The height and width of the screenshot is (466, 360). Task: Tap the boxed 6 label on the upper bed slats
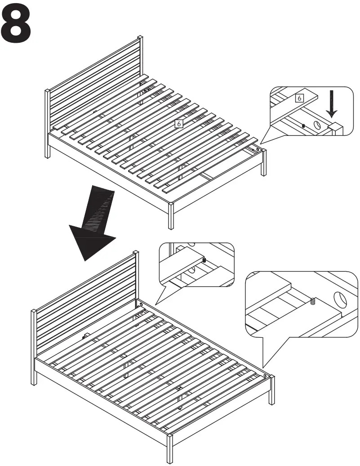coord(179,123)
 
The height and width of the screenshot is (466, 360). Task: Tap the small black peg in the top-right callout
coord(304,125)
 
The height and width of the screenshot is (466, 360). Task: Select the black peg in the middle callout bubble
coord(204,260)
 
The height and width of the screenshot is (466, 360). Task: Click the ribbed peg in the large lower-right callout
coord(312,301)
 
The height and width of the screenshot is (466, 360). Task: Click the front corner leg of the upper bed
coord(171,216)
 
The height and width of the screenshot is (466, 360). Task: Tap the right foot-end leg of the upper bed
coord(264,164)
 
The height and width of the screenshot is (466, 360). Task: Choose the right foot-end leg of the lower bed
coord(271,391)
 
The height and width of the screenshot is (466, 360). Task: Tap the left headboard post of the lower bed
coord(34,346)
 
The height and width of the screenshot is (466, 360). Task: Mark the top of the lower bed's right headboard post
coord(136,254)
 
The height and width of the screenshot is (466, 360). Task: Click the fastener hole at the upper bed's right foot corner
coord(259,148)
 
